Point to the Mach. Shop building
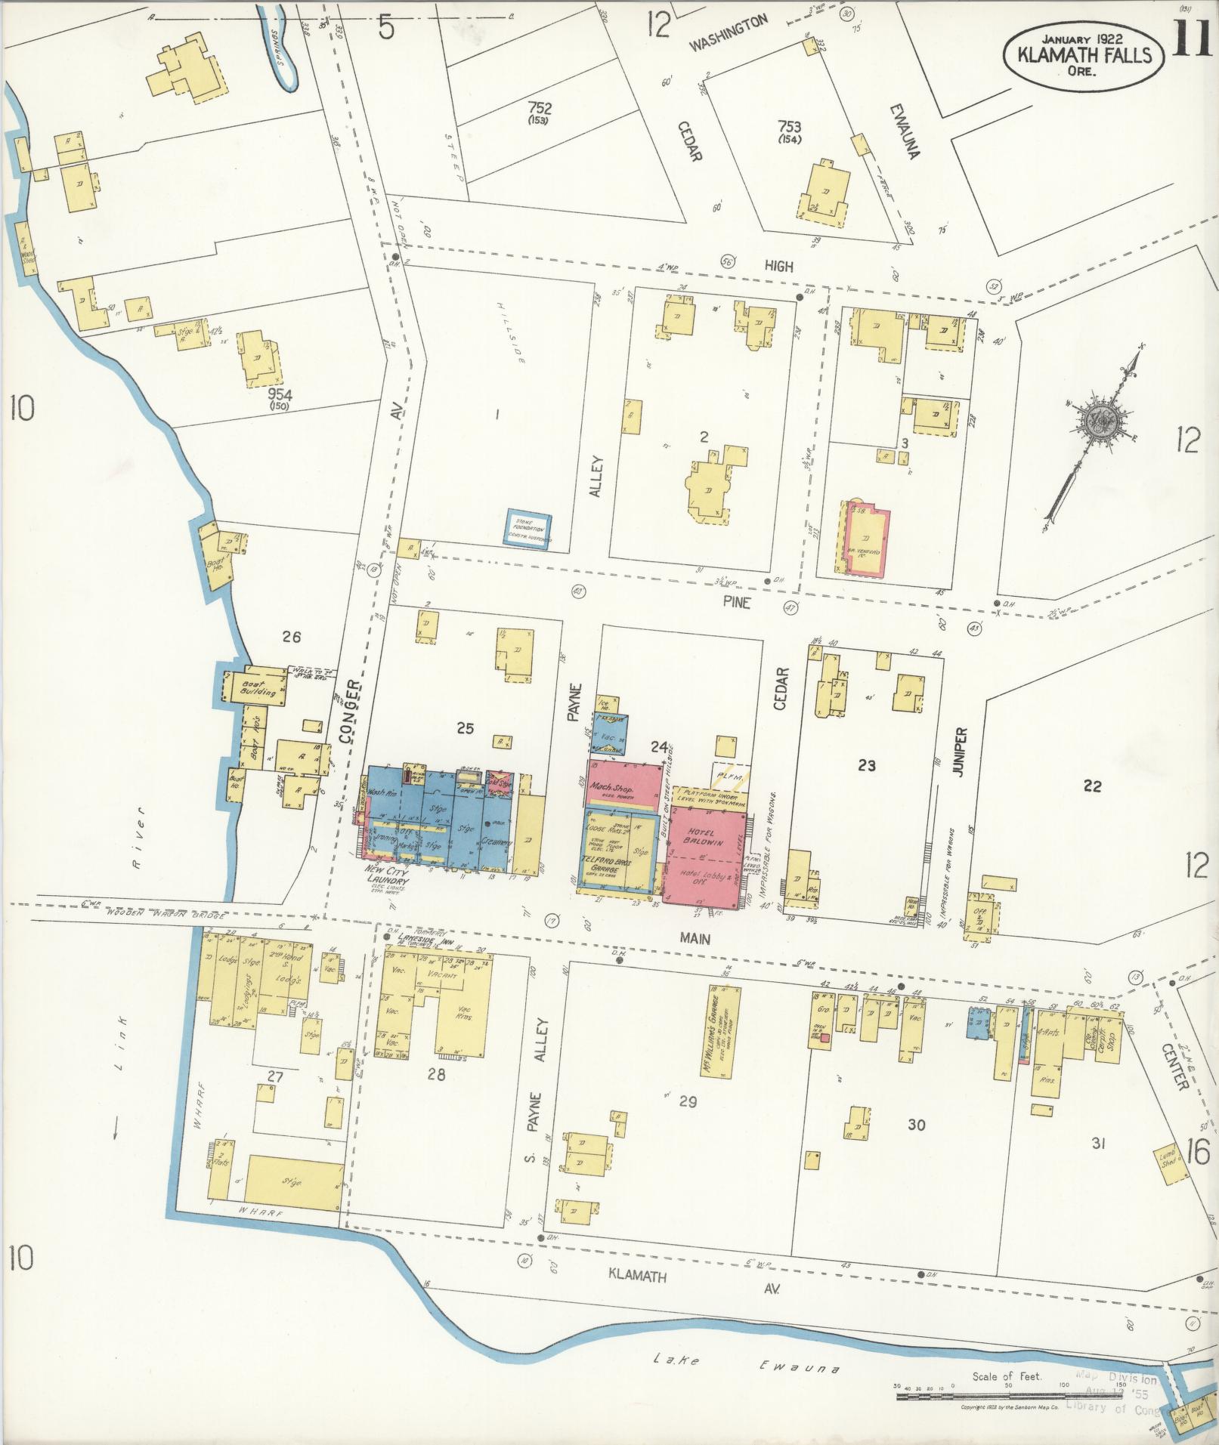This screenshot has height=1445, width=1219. coord(624,783)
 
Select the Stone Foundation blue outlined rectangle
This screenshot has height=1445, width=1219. coord(528,530)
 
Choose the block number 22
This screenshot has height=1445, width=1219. coord(1092,786)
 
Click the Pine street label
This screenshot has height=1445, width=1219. coord(735,603)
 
